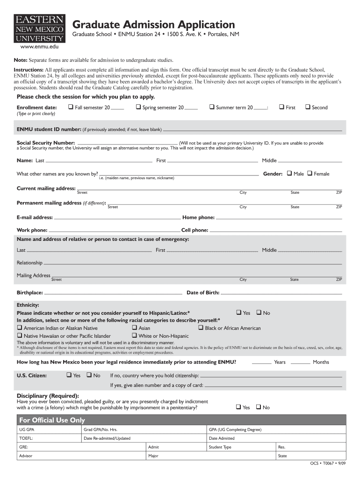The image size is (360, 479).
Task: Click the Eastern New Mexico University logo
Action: click(40, 29)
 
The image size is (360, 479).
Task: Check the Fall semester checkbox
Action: click(71, 107)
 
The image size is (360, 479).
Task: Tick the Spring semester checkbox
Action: click(138, 107)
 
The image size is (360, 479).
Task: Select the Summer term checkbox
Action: click(212, 107)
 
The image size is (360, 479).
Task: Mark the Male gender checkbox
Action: click(289, 174)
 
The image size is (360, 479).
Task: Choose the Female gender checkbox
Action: click(310, 174)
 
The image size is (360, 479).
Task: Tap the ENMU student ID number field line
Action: click(252, 130)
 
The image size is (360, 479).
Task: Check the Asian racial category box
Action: click(135, 328)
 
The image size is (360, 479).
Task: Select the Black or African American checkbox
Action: click(201, 328)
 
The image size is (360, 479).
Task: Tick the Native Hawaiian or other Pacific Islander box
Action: click(20, 336)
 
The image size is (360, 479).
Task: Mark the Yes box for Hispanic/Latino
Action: click(238, 312)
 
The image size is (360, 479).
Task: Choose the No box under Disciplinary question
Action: click(259, 407)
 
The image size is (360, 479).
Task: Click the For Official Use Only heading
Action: click(51, 420)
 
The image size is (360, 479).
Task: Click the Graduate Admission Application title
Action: click(153, 24)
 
